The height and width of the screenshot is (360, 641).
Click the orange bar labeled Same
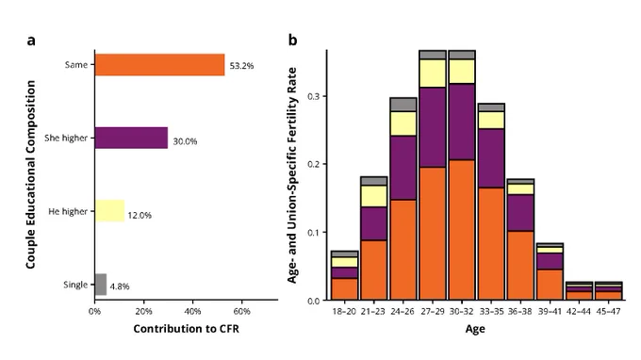point(160,65)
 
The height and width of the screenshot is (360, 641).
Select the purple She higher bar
point(131,138)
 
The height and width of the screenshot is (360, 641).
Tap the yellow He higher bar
point(109,211)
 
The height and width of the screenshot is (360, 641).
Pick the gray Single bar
point(101,285)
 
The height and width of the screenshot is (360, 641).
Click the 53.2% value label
point(241,66)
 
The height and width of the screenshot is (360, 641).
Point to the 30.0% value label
point(185,141)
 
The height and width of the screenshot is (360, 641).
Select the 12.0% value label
point(140,216)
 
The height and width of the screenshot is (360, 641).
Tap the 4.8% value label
point(120,286)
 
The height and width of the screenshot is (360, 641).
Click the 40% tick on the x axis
point(192,311)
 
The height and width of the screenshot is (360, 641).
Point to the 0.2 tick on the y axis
point(313,164)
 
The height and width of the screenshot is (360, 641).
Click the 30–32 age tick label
point(462,311)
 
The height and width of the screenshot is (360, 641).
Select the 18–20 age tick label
point(344,311)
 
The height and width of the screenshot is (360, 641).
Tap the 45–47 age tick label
point(608,311)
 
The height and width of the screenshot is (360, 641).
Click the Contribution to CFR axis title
point(186,329)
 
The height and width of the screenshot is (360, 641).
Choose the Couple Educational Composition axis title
point(31,174)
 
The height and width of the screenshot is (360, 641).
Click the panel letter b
point(293,40)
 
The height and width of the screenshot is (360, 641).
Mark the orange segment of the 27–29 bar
point(433,234)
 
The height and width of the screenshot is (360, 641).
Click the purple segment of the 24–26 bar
point(403,168)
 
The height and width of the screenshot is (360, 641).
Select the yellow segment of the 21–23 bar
point(373,196)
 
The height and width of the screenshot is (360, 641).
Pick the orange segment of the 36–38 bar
point(520,265)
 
